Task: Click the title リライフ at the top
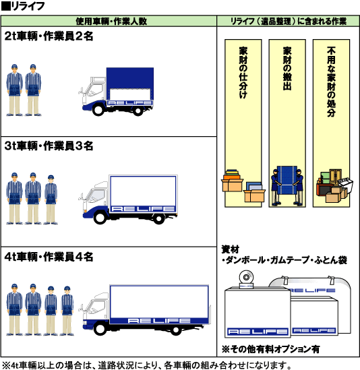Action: pyautogui.click(x=28, y=6)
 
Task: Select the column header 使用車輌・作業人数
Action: pyautogui.click(x=111, y=22)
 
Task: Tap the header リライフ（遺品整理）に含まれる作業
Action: pyautogui.click(x=289, y=22)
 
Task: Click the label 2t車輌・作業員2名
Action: pyautogui.click(x=49, y=36)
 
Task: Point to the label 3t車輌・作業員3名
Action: pyautogui.click(x=49, y=146)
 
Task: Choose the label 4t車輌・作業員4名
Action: pyautogui.click(x=49, y=257)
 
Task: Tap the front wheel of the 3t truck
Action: pyautogui.click(x=100, y=217)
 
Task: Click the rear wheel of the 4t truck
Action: pyautogui.click(x=176, y=330)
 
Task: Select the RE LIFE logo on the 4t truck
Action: pyautogui.click(x=159, y=321)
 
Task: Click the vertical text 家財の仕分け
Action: pyautogui.click(x=243, y=73)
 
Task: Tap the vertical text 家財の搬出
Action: pyautogui.click(x=287, y=69)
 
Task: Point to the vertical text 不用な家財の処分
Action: pyautogui.click(x=331, y=82)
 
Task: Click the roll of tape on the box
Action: pyautogui.click(x=246, y=279)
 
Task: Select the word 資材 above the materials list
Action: pyautogui.click(x=230, y=249)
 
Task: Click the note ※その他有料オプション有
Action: pyautogui.click(x=270, y=349)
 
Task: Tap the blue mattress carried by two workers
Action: pyautogui.click(x=287, y=180)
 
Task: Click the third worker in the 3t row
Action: pyautogui.click(x=51, y=199)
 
